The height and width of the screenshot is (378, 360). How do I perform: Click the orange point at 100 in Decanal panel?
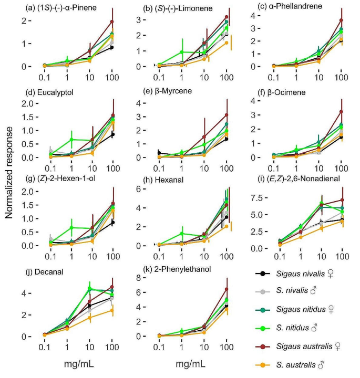[109, 310]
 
